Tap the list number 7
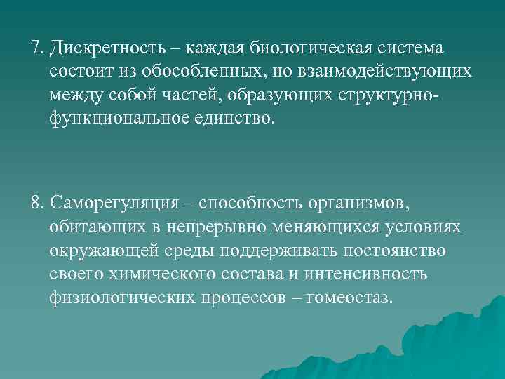[x=36, y=50]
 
